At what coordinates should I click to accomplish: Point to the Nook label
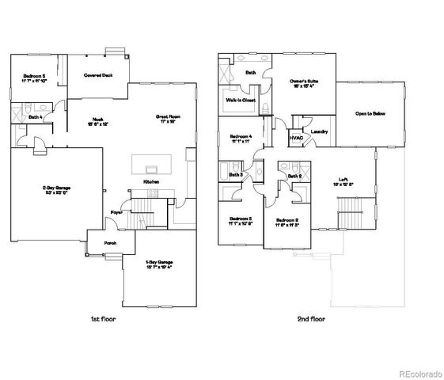(x=99, y=120)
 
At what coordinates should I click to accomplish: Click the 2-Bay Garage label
(x=56, y=188)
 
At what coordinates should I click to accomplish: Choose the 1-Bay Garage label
(x=159, y=262)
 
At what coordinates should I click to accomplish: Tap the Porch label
(x=101, y=243)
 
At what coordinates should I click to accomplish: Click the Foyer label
(x=116, y=212)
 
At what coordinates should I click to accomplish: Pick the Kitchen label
(x=151, y=181)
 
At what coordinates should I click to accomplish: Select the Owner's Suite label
(x=301, y=81)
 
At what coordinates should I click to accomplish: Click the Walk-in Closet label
(x=241, y=101)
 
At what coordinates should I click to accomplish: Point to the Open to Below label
(x=370, y=114)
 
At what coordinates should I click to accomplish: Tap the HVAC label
(x=297, y=138)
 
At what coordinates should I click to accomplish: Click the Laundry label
(x=320, y=131)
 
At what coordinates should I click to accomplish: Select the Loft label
(x=344, y=180)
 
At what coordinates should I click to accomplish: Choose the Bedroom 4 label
(x=241, y=136)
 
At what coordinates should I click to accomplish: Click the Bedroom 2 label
(x=287, y=219)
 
